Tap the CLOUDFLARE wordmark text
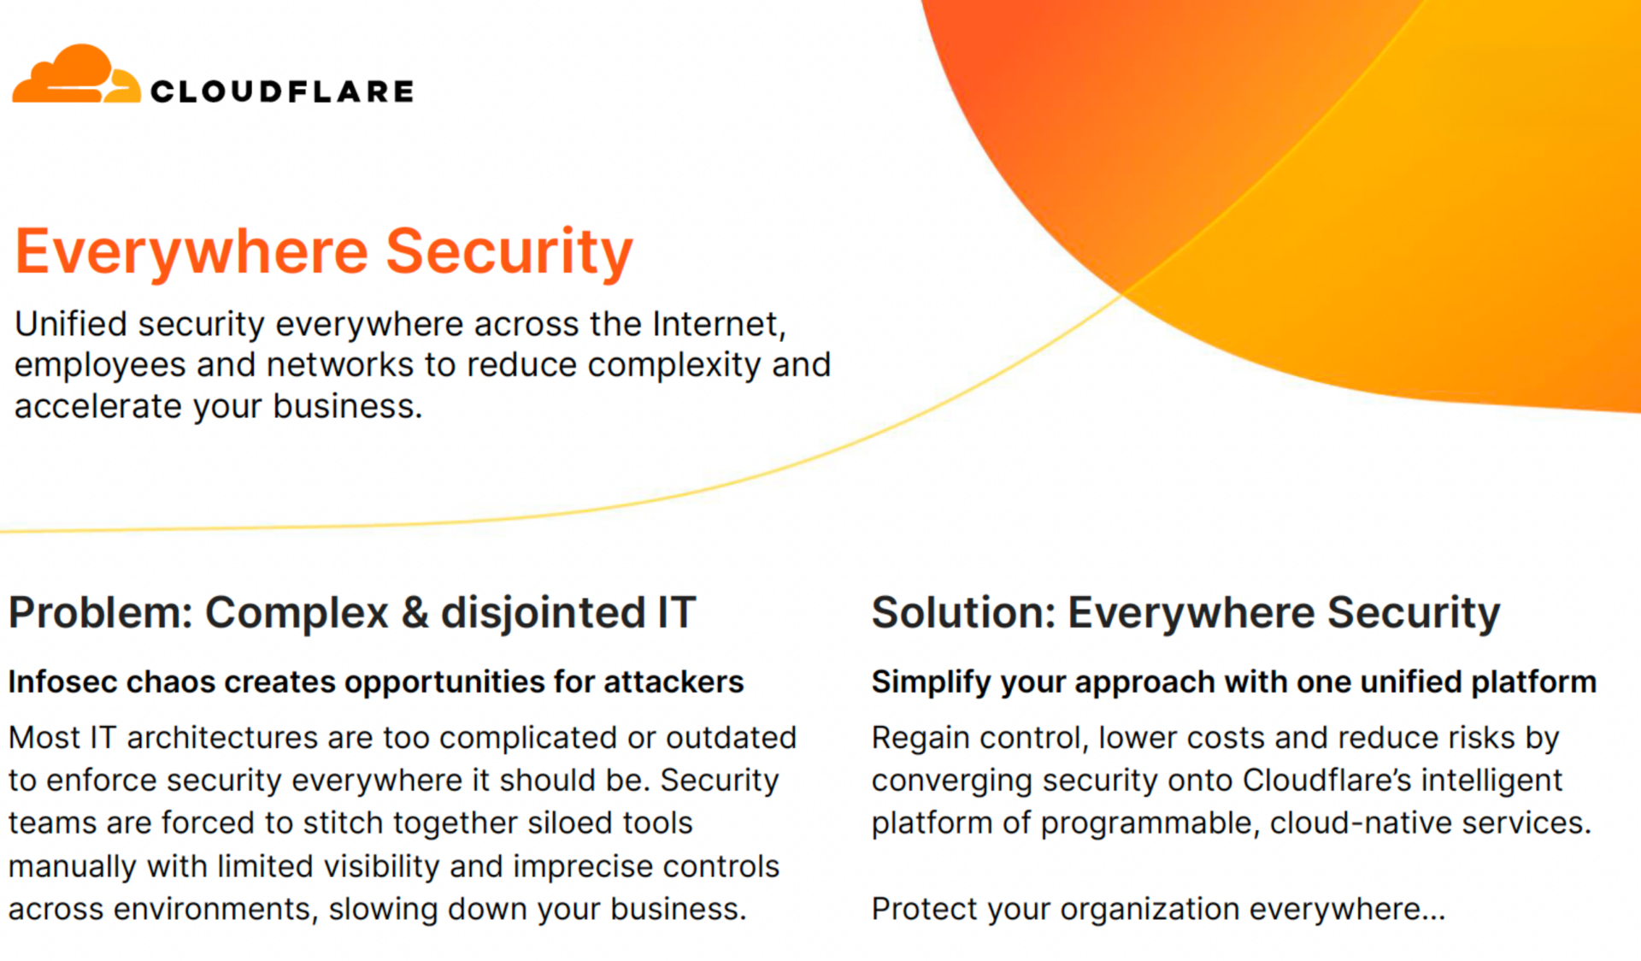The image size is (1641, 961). point(282,91)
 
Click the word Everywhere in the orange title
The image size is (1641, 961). point(192,251)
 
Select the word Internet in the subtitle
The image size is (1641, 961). point(719,324)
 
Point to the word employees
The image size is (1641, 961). point(100,366)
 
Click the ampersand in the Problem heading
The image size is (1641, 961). point(415,613)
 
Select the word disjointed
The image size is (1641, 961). point(543,614)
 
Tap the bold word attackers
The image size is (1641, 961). point(673,682)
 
